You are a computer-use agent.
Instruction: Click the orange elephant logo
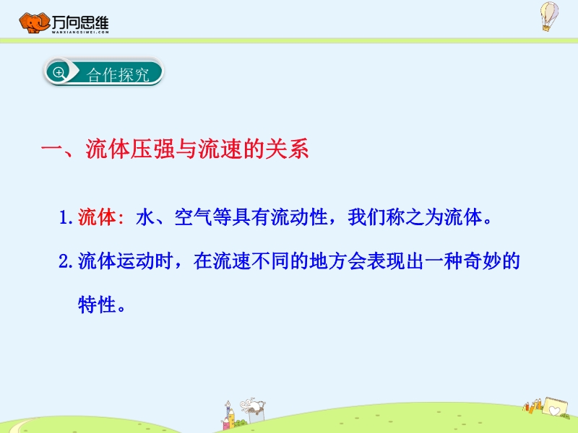pyautogui.click(x=34, y=23)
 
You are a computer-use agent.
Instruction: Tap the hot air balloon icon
pyautogui.click(x=549, y=16)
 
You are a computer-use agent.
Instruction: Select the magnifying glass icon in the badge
pyautogui.click(x=59, y=72)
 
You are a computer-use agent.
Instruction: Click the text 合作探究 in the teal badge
pyautogui.click(x=118, y=75)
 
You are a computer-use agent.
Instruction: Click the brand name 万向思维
pyautogui.click(x=80, y=22)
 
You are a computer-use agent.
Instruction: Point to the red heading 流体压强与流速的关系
pyautogui.click(x=197, y=149)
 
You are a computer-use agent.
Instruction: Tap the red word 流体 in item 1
pyautogui.click(x=97, y=217)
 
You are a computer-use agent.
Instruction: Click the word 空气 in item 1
pyautogui.click(x=193, y=217)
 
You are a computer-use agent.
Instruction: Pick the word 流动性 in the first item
pyautogui.click(x=299, y=217)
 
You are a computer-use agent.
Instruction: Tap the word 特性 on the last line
pyautogui.click(x=97, y=305)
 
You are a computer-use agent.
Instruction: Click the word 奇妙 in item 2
pyautogui.click(x=481, y=261)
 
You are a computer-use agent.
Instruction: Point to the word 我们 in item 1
pyautogui.click(x=367, y=217)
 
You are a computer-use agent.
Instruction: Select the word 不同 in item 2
pyautogui.click(x=270, y=261)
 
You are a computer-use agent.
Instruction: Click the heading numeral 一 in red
pyautogui.click(x=52, y=149)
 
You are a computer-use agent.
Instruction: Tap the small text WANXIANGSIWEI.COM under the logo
pyautogui.click(x=80, y=32)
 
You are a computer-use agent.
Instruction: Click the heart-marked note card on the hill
pyautogui.click(x=554, y=406)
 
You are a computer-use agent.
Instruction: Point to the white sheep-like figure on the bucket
pyautogui.click(x=252, y=406)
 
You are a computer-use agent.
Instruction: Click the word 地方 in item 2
pyautogui.click(x=328, y=261)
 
